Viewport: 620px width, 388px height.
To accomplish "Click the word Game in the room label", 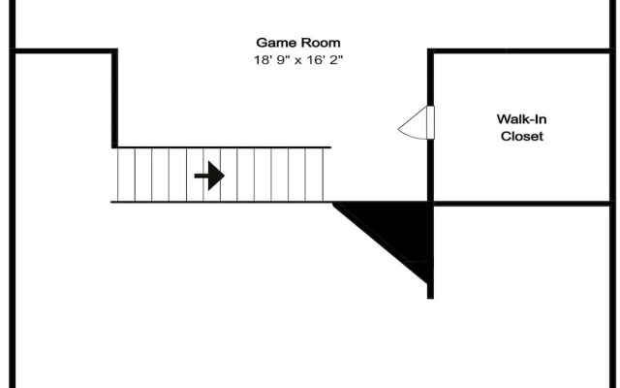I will [x=275, y=43].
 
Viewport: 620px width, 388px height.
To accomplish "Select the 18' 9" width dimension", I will [x=262, y=59].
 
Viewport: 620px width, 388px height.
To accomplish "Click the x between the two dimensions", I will [x=292, y=60].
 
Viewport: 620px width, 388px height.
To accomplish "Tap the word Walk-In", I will [x=521, y=118].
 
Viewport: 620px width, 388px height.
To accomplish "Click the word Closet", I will [x=521, y=136].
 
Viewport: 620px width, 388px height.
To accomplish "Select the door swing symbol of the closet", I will [x=416, y=122].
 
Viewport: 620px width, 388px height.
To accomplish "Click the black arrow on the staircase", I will [x=208, y=176].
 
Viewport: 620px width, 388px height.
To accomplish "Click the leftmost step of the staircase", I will [x=125, y=175].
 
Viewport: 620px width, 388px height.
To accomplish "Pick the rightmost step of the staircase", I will [x=322, y=175].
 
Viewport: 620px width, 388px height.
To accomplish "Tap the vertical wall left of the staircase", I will [x=115, y=97].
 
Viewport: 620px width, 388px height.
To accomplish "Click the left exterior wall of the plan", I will [x=12, y=213].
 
